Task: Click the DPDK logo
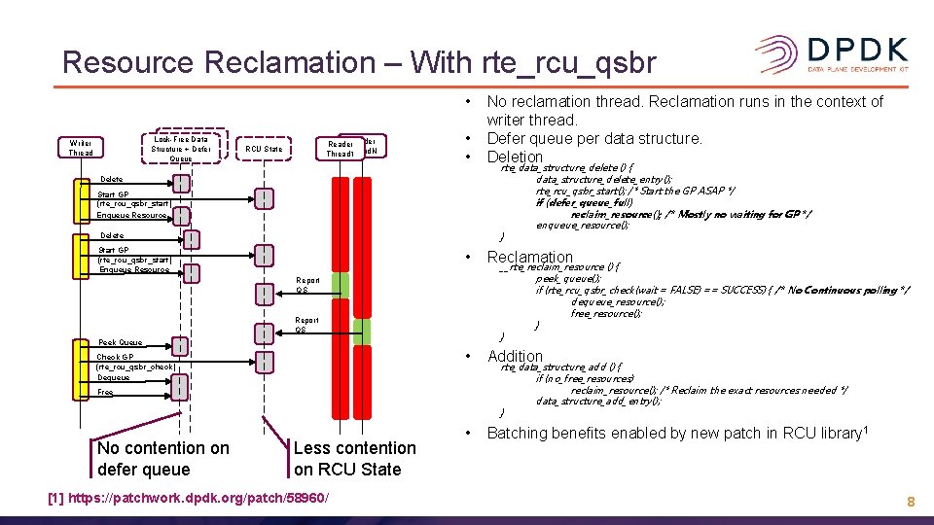tap(831, 53)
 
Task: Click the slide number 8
tap(910, 502)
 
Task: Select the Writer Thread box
tap(81, 147)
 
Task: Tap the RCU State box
tap(264, 149)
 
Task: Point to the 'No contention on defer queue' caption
tap(163, 458)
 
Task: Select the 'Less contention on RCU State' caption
tap(354, 458)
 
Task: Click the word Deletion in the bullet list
tap(514, 157)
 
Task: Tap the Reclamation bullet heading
tap(529, 257)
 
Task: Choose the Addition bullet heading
tap(514, 356)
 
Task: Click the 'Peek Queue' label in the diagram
tap(121, 342)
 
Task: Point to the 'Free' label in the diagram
tap(105, 392)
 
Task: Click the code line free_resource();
tap(606, 313)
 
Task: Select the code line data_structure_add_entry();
tap(596, 401)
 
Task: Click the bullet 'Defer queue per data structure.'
tap(593, 138)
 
